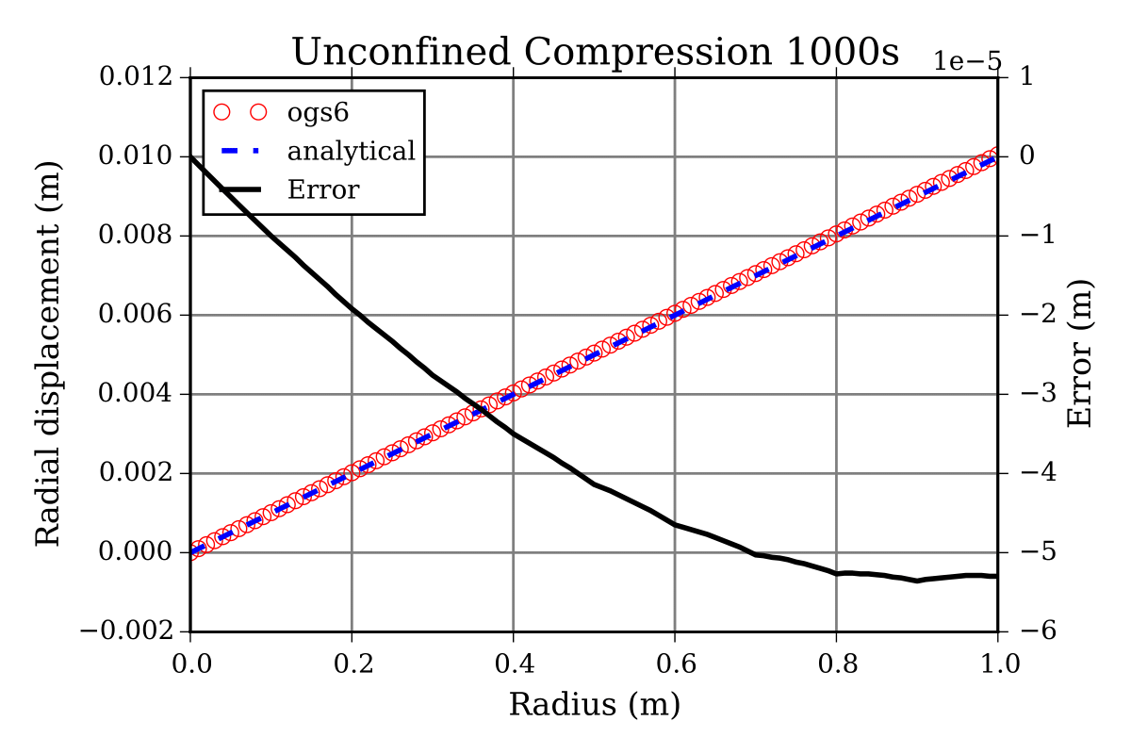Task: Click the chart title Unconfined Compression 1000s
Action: tap(595, 53)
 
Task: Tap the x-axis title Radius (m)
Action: tap(594, 704)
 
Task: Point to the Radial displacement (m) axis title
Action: tap(49, 353)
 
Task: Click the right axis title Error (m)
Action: tap(1080, 353)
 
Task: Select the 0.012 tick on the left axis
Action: tap(140, 76)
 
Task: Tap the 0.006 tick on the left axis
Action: tap(140, 315)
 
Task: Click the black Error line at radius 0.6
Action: tap(674, 524)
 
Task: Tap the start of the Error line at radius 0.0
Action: tap(191, 156)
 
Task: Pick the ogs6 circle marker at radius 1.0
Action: tap(996, 156)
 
